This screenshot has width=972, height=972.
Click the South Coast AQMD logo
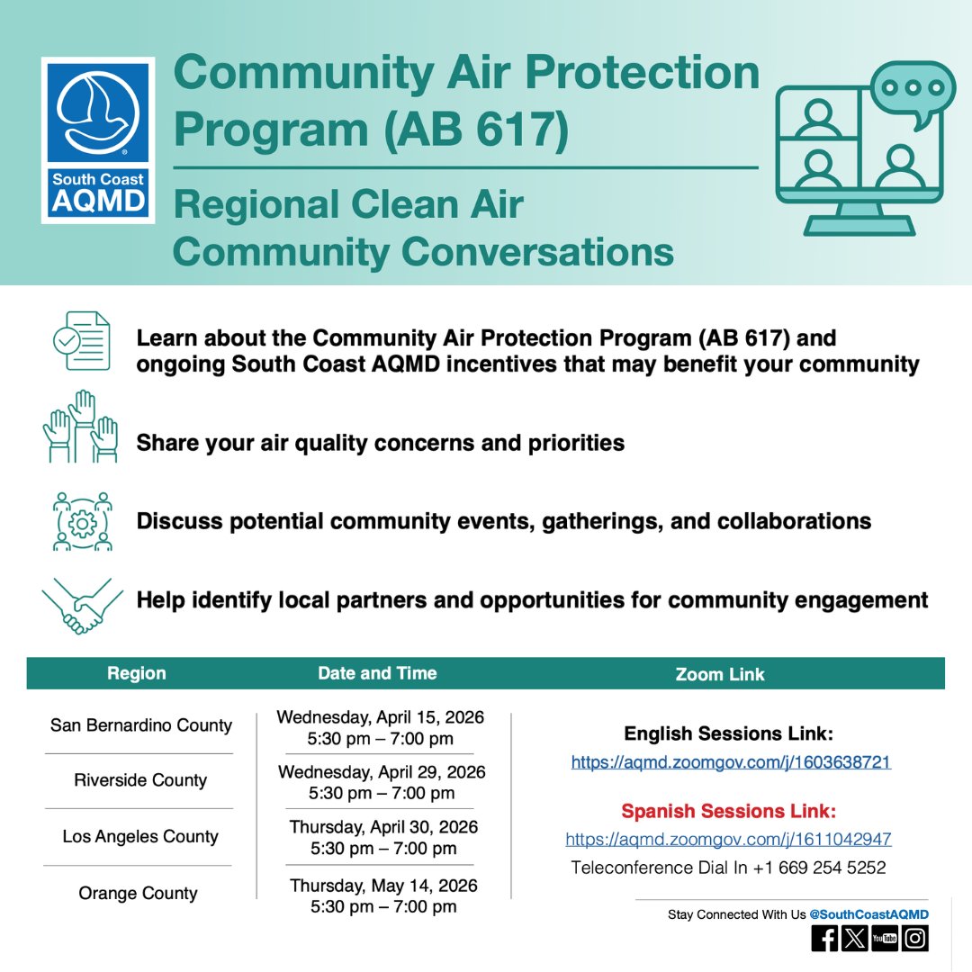click(x=98, y=139)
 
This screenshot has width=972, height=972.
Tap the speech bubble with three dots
click(x=913, y=91)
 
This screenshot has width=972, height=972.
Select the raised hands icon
click(x=81, y=427)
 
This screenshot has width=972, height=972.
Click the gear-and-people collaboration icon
click(x=82, y=521)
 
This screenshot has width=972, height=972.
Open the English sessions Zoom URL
click(x=730, y=762)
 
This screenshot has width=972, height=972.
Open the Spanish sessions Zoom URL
click(x=728, y=839)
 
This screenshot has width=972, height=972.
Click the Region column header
click(x=137, y=673)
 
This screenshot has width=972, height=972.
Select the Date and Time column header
click(x=377, y=673)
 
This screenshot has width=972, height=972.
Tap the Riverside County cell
click(x=140, y=780)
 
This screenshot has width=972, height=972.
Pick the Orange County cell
click(x=138, y=893)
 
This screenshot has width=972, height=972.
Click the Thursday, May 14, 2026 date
click(x=383, y=886)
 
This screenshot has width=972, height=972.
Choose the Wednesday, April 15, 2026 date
click(x=380, y=717)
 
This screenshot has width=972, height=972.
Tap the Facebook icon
click(x=824, y=939)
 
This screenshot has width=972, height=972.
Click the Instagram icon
click(x=915, y=939)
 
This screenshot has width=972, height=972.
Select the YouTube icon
click(x=885, y=939)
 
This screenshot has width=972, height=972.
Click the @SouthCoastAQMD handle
click(x=868, y=914)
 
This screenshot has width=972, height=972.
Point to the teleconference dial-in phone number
click(x=814, y=868)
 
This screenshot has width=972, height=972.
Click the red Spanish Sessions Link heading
click(x=728, y=812)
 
